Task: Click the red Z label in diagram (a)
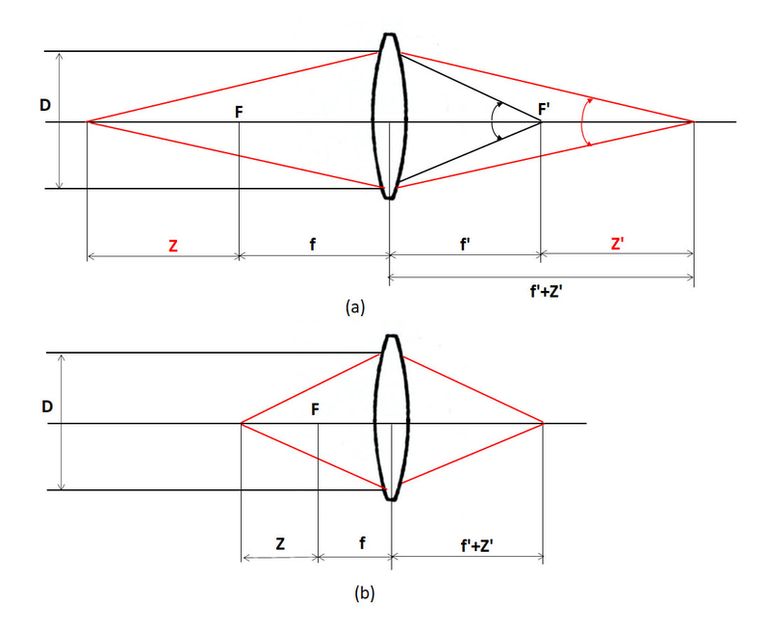point(172,246)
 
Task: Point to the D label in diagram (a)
point(45,103)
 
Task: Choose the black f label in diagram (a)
point(314,245)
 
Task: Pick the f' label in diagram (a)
point(465,245)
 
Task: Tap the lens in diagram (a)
point(389,116)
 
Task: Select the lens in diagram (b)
point(390,416)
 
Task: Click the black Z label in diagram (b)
point(279,543)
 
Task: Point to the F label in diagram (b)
point(316,409)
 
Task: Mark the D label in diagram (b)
point(45,407)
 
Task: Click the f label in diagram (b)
point(361,543)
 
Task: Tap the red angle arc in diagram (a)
point(582,121)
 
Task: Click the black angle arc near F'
point(493,121)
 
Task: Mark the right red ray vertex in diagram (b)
point(544,423)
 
